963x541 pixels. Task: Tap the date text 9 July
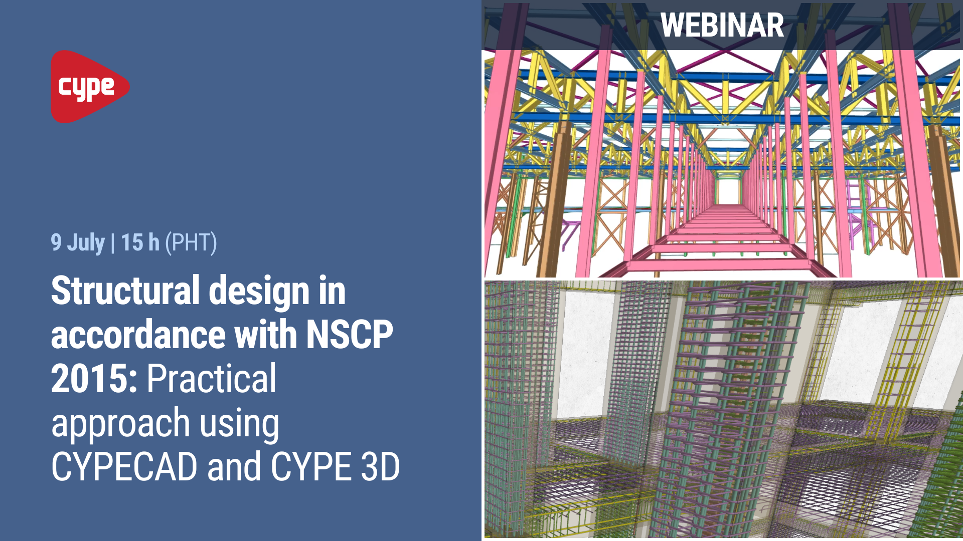tap(78, 242)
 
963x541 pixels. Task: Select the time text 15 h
tap(140, 242)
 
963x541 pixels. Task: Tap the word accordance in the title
tap(138, 335)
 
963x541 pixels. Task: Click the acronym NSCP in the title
tap(350, 335)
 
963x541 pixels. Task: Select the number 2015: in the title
tap(94, 379)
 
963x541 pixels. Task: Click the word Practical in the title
tap(211, 379)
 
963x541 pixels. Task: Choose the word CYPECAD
tap(124, 467)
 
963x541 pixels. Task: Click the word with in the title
tap(266, 335)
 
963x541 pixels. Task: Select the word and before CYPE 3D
tap(234, 467)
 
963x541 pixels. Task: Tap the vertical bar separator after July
tap(113, 242)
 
